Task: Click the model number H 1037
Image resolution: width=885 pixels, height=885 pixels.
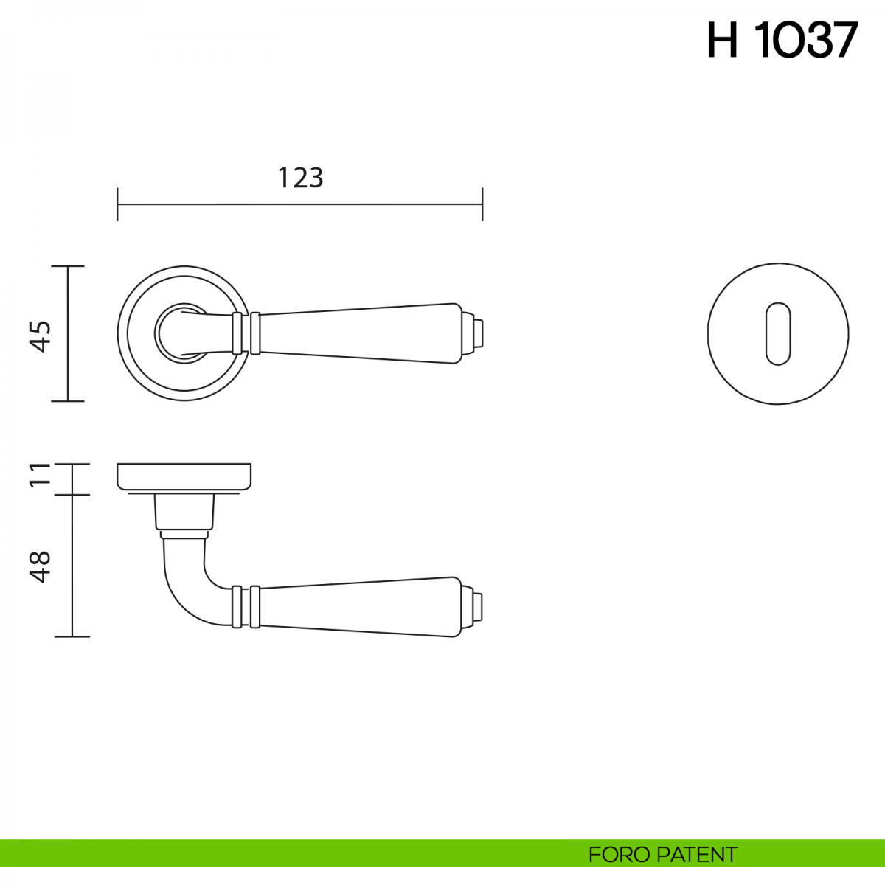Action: pyautogui.click(x=782, y=40)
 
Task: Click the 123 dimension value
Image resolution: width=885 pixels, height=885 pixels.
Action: pyautogui.click(x=301, y=178)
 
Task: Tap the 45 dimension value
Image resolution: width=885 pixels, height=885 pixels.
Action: pyautogui.click(x=41, y=336)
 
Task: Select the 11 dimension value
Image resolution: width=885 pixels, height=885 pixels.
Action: pyautogui.click(x=41, y=475)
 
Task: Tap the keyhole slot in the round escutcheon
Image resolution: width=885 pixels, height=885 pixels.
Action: pyautogui.click(x=778, y=334)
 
